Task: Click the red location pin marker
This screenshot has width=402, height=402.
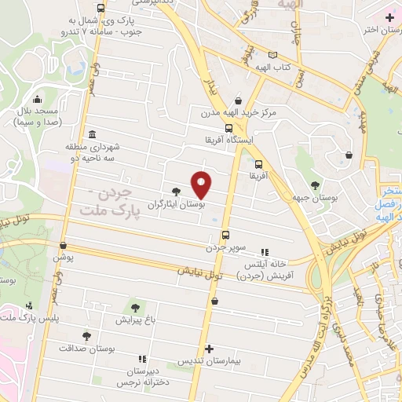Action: (x=202, y=185)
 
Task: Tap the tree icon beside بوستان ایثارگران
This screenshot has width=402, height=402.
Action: (x=176, y=191)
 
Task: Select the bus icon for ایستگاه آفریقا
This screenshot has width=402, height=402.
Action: (x=228, y=128)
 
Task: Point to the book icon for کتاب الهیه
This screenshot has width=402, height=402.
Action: (x=272, y=55)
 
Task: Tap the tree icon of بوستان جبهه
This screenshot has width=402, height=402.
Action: (x=315, y=185)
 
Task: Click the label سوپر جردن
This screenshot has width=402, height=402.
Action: (x=227, y=247)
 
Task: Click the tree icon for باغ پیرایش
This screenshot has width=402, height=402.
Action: (x=135, y=305)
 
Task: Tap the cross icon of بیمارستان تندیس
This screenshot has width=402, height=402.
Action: (x=209, y=349)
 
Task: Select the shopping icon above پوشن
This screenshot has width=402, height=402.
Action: (x=63, y=245)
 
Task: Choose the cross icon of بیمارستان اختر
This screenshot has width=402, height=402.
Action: (x=390, y=17)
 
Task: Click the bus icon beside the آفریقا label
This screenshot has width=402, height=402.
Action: (x=258, y=164)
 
